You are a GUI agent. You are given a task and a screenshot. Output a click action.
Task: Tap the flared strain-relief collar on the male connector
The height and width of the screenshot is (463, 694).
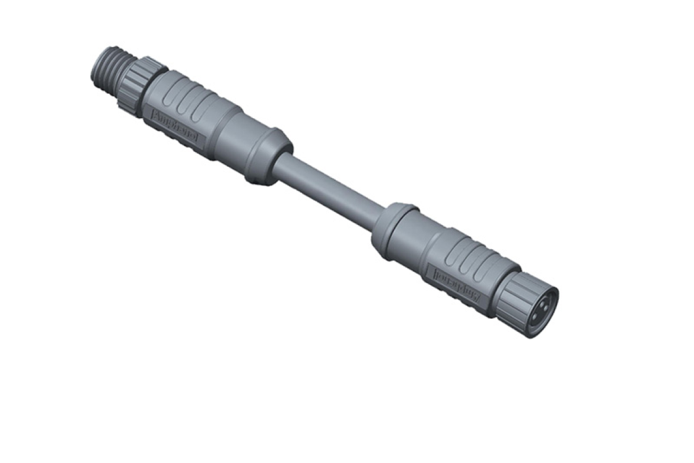coord(270,156)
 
